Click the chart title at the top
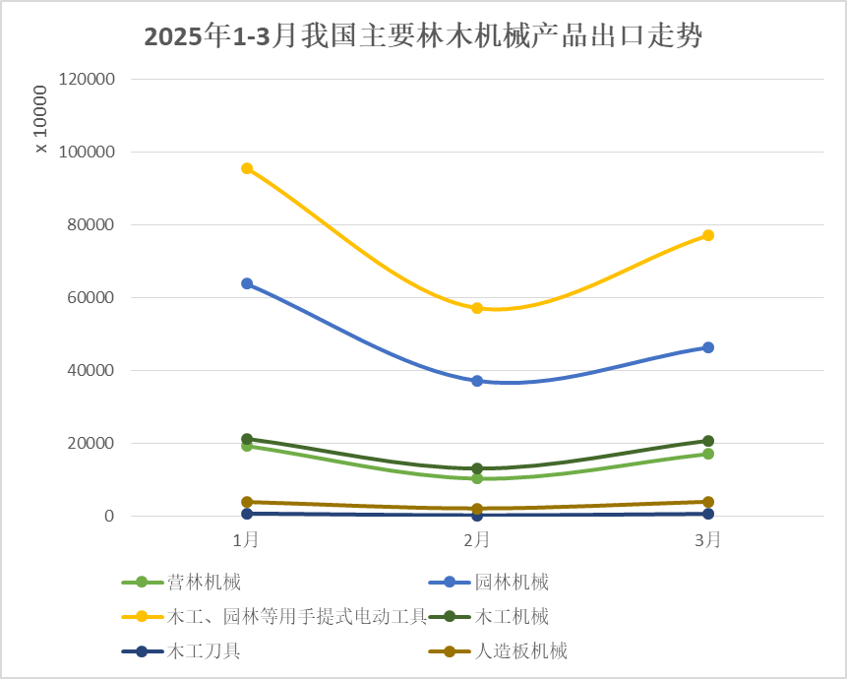423,37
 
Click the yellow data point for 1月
247,168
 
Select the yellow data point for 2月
477,308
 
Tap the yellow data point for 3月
707,235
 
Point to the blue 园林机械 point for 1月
247,283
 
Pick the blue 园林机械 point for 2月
477,381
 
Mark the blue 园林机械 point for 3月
707,347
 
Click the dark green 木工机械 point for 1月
247,439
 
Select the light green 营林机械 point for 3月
707,454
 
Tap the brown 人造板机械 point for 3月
707,502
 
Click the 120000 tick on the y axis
88,79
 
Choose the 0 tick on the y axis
109,516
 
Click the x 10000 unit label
40,119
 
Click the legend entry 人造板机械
520,650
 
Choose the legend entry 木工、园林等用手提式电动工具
296,616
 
